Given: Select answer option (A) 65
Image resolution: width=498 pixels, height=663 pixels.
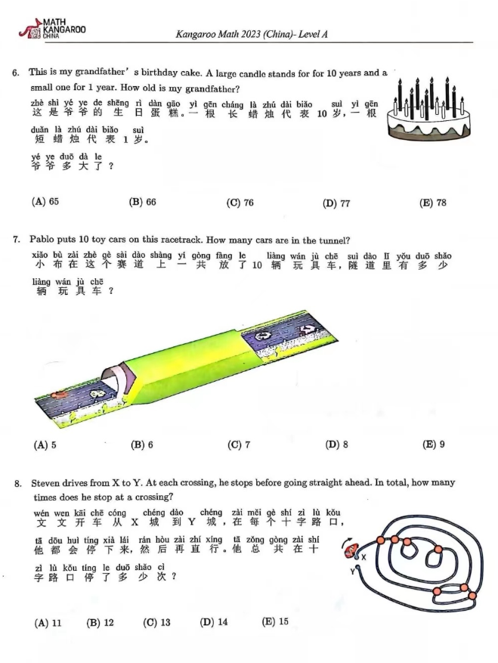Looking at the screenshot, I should (x=45, y=203).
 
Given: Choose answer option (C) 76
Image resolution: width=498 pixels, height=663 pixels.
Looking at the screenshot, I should (x=240, y=203).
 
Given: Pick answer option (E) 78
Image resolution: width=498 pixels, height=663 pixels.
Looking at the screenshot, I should (x=432, y=203).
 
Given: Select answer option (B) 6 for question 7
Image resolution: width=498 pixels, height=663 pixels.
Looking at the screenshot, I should (x=142, y=445).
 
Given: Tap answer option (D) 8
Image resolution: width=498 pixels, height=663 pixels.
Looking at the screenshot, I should (x=336, y=445).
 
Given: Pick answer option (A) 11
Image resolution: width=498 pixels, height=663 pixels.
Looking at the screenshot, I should (x=48, y=623).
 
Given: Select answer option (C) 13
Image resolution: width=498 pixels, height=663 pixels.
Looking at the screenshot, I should (x=156, y=623).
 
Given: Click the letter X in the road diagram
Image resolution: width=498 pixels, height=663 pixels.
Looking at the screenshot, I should (x=363, y=557).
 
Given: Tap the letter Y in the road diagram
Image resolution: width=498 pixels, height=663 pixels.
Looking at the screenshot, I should (x=351, y=572).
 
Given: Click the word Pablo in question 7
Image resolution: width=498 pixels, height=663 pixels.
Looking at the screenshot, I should (x=42, y=240).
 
